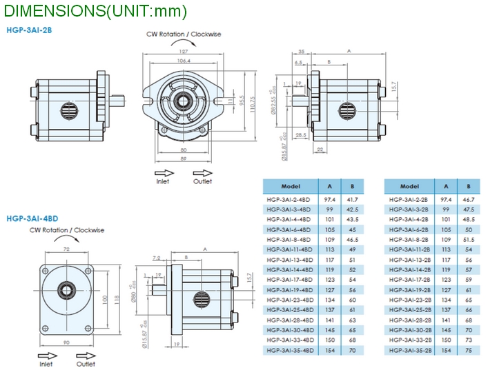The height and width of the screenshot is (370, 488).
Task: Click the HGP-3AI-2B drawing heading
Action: click(29, 30)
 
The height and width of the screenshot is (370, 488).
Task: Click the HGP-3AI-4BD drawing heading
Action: click(32, 218)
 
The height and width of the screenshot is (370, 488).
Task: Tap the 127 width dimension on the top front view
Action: click(184, 52)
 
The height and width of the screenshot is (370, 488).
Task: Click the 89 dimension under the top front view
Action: click(184, 158)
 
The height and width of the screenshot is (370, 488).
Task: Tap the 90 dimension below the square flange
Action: click(67, 343)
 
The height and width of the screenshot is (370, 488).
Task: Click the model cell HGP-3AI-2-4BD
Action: click(289, 199)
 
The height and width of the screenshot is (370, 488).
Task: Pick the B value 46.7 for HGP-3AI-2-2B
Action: click(468, 199)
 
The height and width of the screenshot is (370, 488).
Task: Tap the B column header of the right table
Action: click(468, 187)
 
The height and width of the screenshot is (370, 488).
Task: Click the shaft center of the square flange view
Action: click(67, 290)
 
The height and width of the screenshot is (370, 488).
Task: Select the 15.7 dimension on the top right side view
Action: click(394, 88)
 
